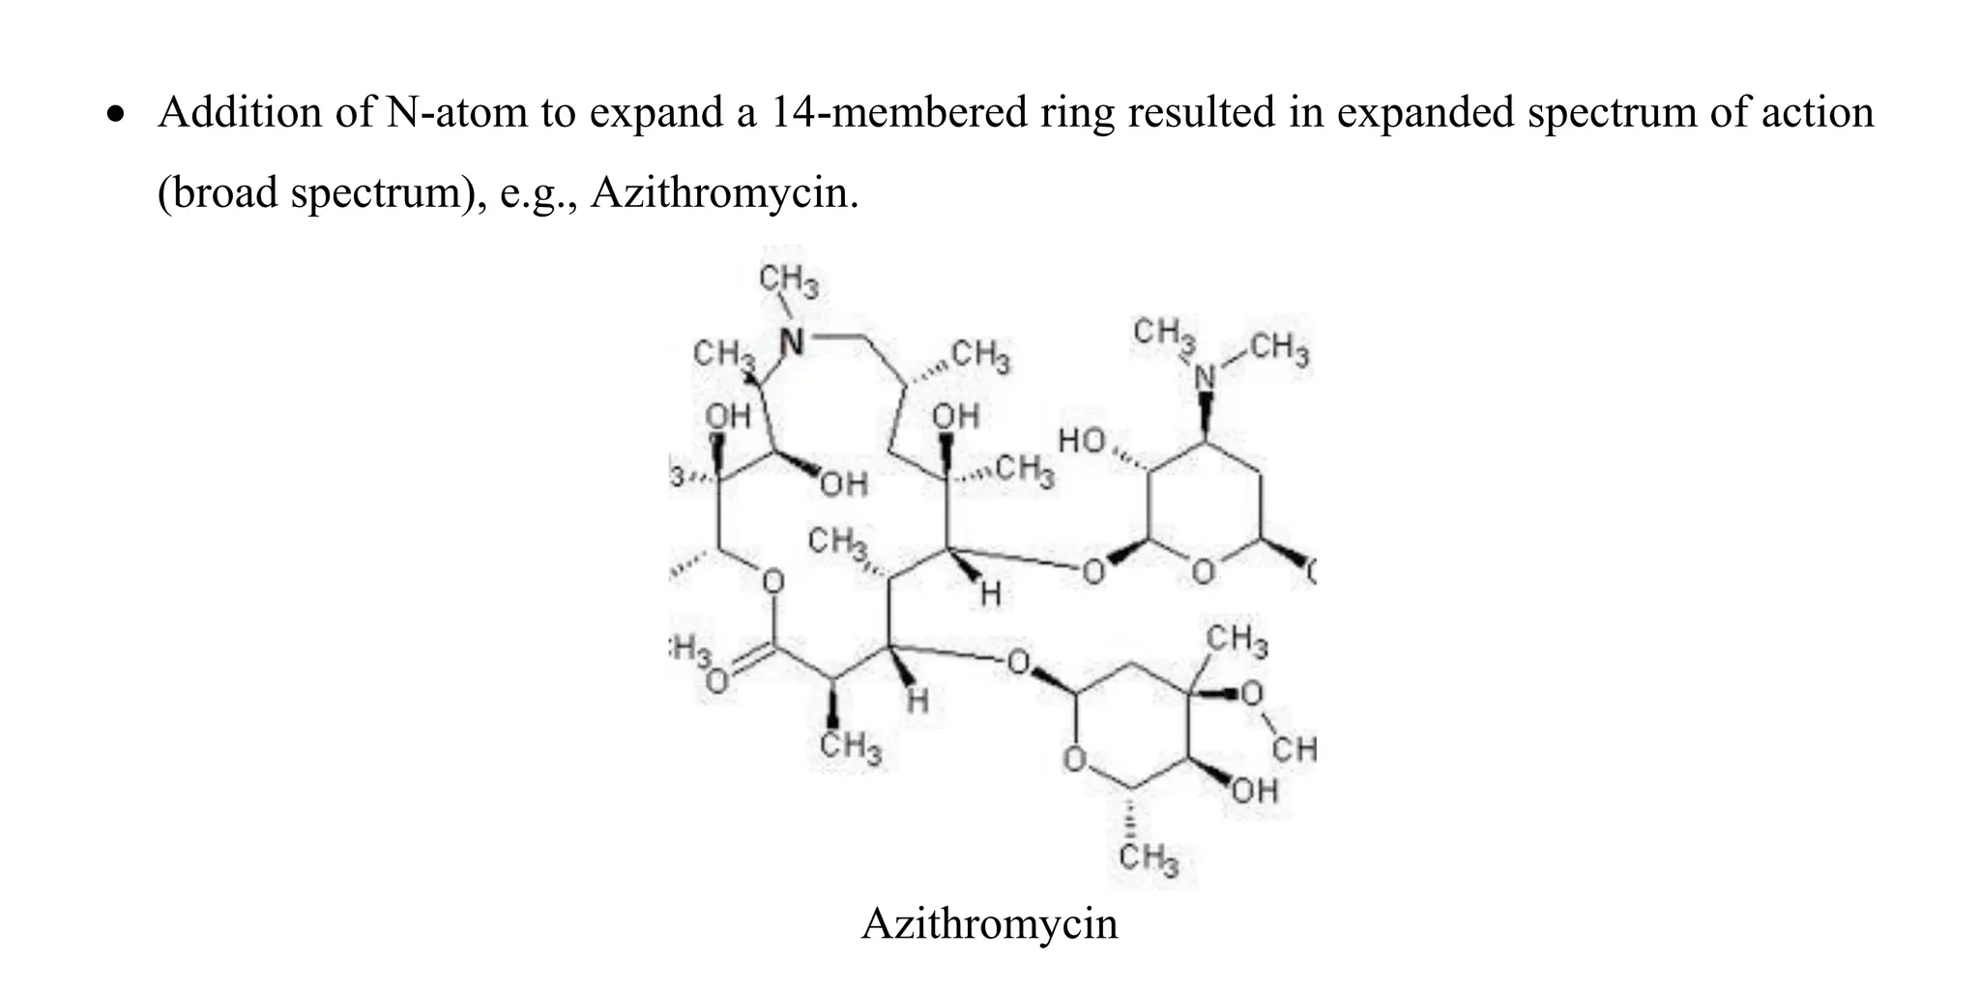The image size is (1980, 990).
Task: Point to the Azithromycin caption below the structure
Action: [x=989, y=923]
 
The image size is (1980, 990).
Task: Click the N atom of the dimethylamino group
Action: [x=1205, y=376]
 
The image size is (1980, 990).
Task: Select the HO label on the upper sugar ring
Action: [x=1082, y=441]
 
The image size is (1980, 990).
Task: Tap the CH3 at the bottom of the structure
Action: [x=1149, y=857]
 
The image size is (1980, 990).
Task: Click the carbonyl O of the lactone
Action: [x=716, y=682]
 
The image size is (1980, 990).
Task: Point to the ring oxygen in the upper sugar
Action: [x=1202, y=572]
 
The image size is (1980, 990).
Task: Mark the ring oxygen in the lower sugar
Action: [x=1074, y=760]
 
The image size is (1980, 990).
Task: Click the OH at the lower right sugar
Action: [x=1255, y=791]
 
